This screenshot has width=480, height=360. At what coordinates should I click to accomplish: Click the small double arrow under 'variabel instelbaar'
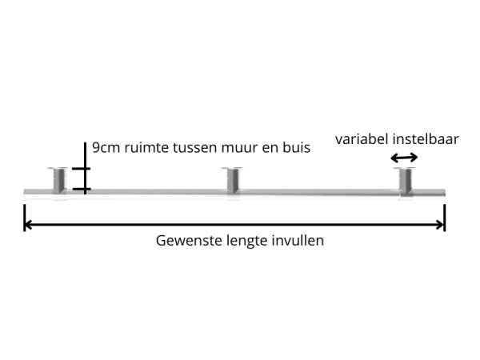[x=403, y=158]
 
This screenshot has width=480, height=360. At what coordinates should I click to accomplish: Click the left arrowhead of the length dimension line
[x=28, y=225]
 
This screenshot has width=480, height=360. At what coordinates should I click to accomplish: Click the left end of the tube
[x=26, y=191]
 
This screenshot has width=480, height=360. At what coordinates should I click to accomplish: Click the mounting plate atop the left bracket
[x=59, y=168]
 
